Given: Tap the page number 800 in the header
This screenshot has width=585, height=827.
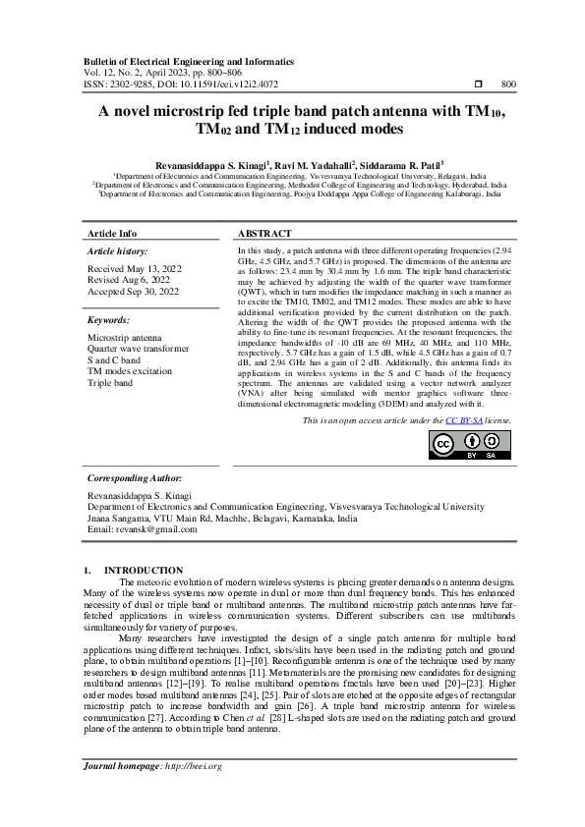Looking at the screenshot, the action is point(508,84).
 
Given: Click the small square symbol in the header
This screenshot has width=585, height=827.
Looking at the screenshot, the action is point(477,84).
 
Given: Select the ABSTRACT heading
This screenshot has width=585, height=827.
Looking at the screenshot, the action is point(264,234).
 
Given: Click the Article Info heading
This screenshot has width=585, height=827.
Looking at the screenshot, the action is point(113,234).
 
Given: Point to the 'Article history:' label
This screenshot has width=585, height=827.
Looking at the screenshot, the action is point(117,252).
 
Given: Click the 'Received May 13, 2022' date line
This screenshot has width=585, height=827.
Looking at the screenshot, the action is point(135,268).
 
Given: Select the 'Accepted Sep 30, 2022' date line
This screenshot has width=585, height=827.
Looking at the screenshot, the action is point(134,292).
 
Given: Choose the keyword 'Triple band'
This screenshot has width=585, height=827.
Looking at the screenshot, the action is point(110,383).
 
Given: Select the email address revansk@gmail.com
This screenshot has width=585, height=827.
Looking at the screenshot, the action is point(143,529).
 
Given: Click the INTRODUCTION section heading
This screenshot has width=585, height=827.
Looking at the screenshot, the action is point(144,570).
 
